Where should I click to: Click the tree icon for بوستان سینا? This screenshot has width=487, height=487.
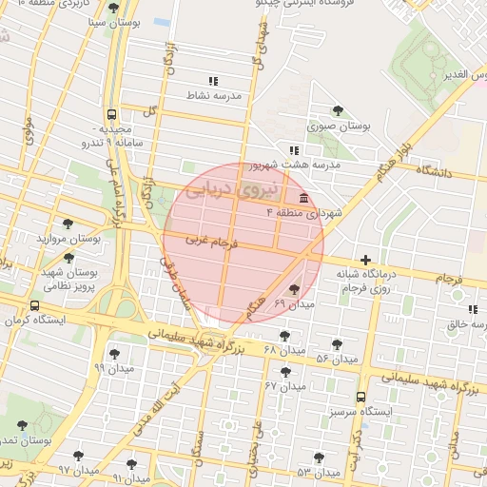(x=113, y=8)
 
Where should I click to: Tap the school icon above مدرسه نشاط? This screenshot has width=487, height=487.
(x=213, y=82)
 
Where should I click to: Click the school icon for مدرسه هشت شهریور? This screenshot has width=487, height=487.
(x=295, y=150)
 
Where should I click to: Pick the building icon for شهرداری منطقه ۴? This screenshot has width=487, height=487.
(x=303, y=198)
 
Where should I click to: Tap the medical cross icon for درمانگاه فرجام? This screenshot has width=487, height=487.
(x=365, y=260)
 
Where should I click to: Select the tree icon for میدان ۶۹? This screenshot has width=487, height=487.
(x=293, y=289)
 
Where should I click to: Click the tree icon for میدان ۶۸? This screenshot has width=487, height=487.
(x=284, y=336)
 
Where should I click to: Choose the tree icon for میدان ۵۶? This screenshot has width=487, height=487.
(x=338, y=344)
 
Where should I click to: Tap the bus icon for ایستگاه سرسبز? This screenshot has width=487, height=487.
(x=360, y=398)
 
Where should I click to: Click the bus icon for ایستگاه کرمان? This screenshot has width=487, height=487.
(x=35, y=306)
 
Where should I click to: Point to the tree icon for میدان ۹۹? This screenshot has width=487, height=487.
(x=115, y=354)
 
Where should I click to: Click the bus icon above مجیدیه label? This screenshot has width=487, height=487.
(x=113, y=112)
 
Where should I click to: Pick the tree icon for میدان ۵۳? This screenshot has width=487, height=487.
(x=319, y=458)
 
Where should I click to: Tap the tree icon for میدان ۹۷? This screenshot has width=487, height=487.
(x=78, y=457)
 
